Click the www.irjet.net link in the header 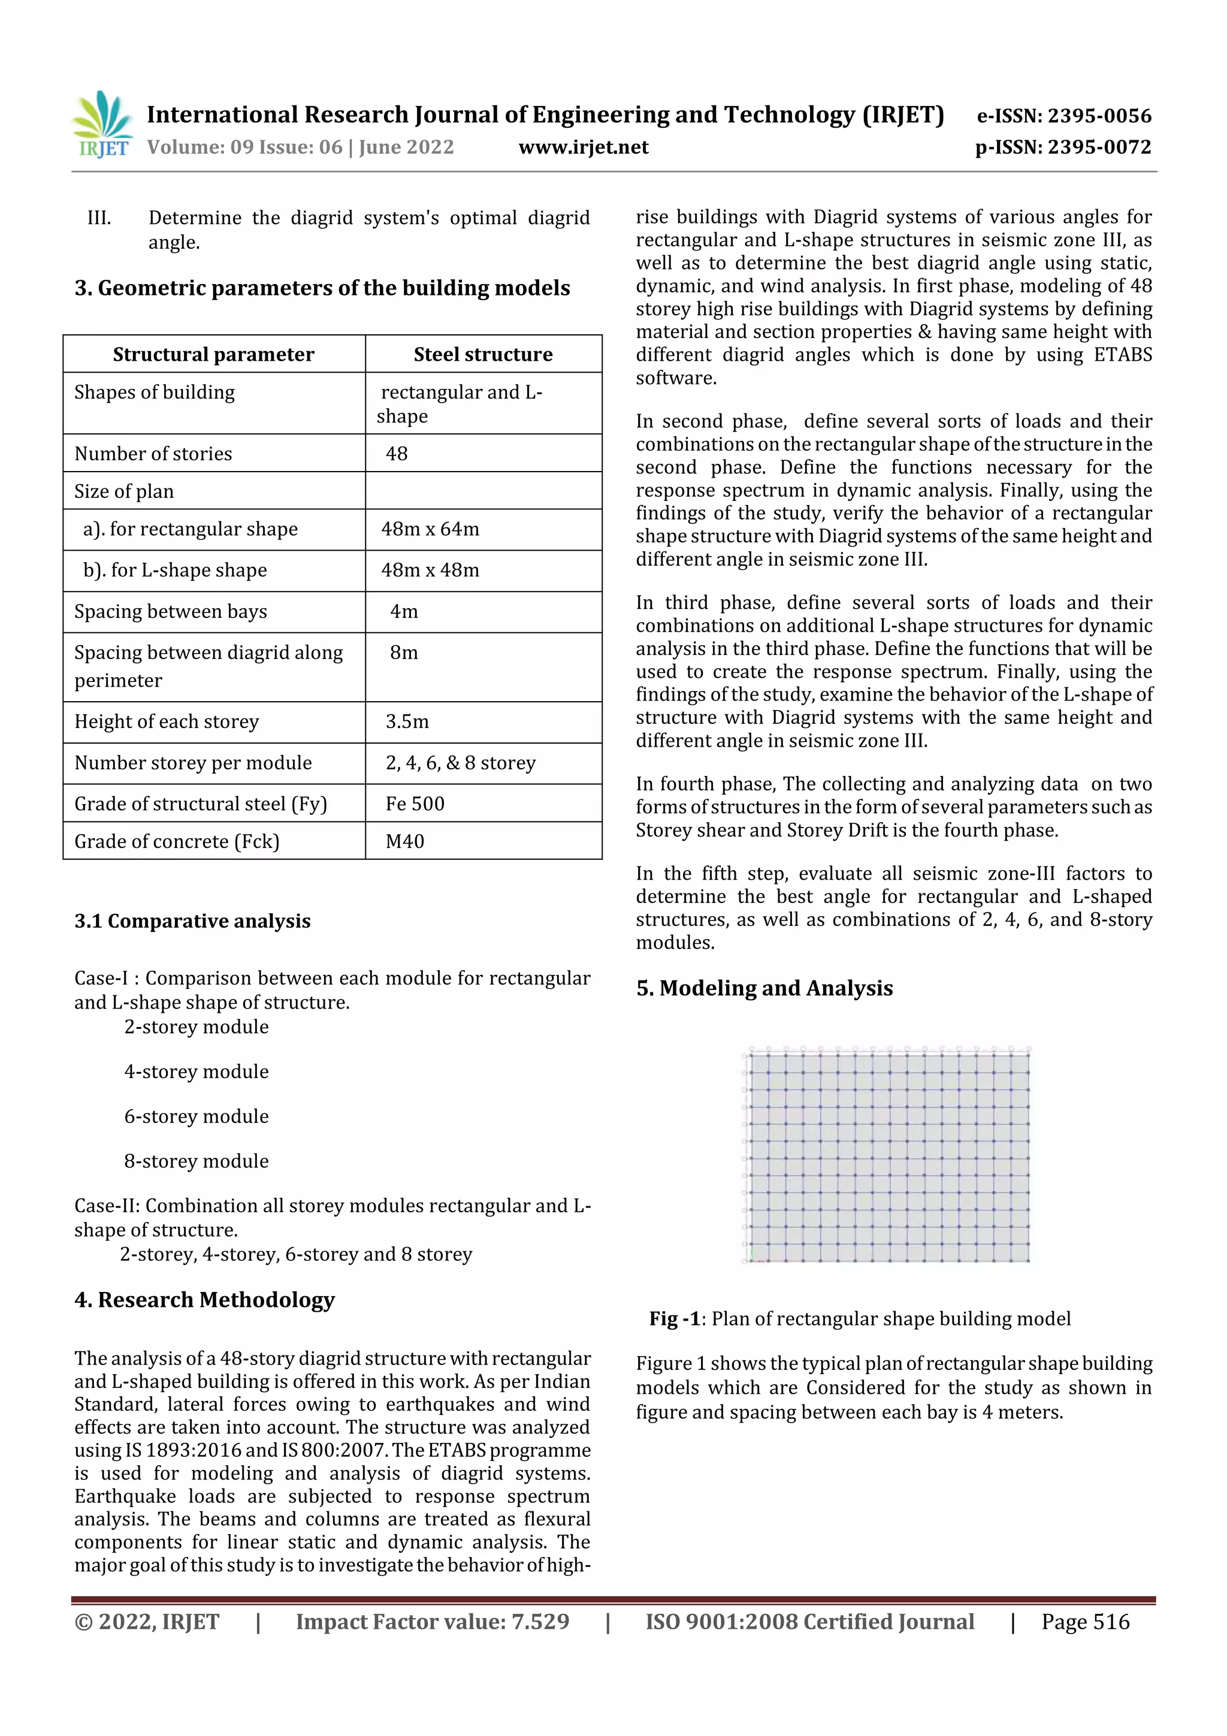point(583,147)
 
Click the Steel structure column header point(482,355)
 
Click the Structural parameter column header point(213,355)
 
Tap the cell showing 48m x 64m point(430,529)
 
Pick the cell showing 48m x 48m point(430,570)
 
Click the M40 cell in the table point(405,841)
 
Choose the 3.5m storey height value point(407,722)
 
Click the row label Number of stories point(153,454)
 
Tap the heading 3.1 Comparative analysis point(192,921)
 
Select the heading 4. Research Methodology point(204,1300)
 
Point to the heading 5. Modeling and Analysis point(764,989)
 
